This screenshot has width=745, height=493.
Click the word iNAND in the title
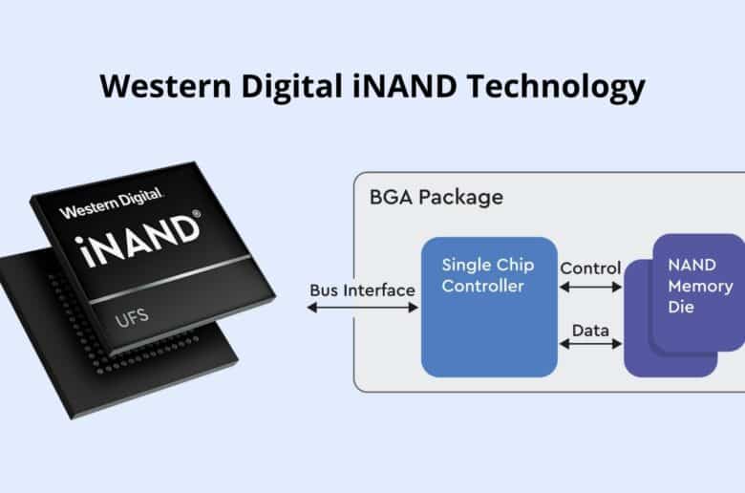pyautogui.click(x=405, y=86)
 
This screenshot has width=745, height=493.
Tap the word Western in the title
pyautogui.click(x=166, y=86)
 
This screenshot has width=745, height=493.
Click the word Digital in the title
pyautogui.click(x=291, y=88)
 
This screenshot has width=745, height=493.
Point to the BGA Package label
pyautogui.click(x=436, y=197)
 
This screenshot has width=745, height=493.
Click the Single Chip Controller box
pyautogui.click(x=489, y=307)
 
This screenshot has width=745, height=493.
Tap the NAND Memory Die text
pyautogui.click(x=700, y=286)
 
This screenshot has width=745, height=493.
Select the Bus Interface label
pyautogui.click(x=362, y=290)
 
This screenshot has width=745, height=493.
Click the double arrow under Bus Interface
pyautogui.click(x=363, y=308)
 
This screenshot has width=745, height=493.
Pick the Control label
pyautogui.click(x=590, y=268)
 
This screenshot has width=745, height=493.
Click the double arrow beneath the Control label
pyautogui.click(x=590, y=287)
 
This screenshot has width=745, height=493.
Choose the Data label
pyautogui.click(x=590, y=331)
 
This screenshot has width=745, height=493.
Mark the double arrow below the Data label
pyautogui.click(x=590, y=344)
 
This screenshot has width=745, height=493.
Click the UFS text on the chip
pyautogui.click(x=132, y=317)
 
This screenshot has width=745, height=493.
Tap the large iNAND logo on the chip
pyautogui.click(x=137, y=241)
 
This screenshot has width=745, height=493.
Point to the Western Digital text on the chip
pyautogui.click(x=111, y=203)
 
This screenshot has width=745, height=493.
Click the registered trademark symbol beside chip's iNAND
pyautogui.click(x=196, y=214)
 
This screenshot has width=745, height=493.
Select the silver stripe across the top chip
pyautogui.click(x=170, y=280)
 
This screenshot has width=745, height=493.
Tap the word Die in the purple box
pyautogui.click(x=681, y=307)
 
